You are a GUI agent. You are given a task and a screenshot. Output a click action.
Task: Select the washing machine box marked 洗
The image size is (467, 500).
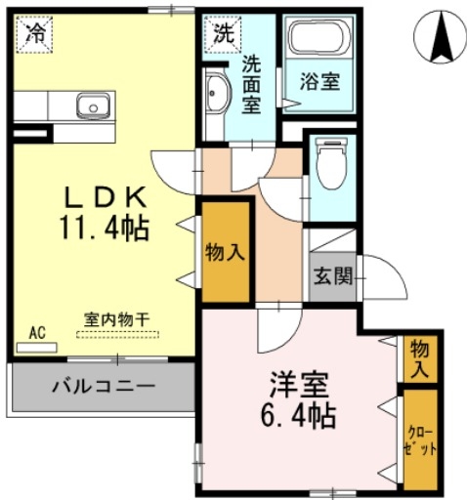click(224, 32)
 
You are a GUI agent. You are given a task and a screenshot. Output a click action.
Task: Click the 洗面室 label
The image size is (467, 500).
click(252, 85)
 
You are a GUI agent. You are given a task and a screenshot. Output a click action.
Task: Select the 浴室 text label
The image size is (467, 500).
click(318, 83)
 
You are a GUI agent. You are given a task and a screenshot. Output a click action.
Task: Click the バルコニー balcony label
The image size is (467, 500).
click(103, 386)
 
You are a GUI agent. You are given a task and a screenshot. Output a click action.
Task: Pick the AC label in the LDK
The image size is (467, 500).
click(37, 333)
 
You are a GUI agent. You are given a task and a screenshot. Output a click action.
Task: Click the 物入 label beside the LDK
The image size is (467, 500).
click(225, 253)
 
